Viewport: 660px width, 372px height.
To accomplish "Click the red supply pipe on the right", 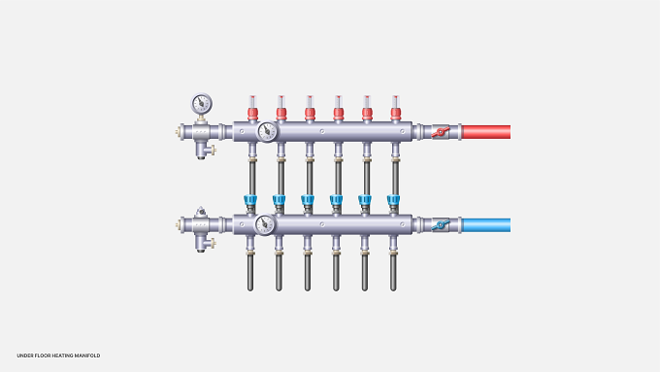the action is click(x=486, y=132).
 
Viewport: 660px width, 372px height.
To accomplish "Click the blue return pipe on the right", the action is click(x=486, y=225).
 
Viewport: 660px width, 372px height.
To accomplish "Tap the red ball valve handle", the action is click(x=441, y=132).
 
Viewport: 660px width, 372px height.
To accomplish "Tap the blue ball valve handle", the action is click(x=441, y=225).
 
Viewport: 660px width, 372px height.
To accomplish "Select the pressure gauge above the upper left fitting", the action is click(x=202, y=104).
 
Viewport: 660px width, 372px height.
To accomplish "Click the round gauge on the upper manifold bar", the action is click(x=267, y=132).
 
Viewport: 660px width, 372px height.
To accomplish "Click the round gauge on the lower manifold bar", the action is click(x=265, y=224).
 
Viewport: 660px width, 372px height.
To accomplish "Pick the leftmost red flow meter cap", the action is click(x=252, y=113).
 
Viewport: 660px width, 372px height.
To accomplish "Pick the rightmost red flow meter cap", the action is click(x=395, y=113).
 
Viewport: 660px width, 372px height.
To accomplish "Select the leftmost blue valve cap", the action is click(x=250, y=199).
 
